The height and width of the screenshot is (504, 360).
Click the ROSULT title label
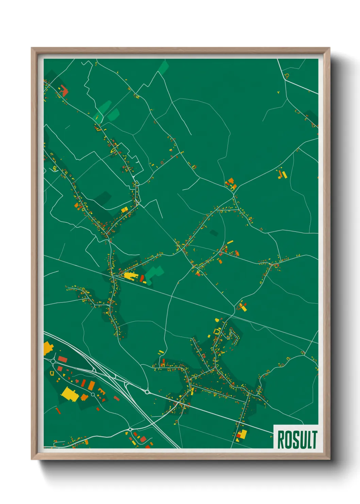tap(297, 439)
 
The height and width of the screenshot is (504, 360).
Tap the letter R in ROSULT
tap(281, 440)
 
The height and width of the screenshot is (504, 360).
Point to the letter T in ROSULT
tap(314, 440)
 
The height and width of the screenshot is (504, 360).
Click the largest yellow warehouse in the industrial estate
tap(70, 394)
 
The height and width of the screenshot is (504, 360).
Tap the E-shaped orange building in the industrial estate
tap(101, 391)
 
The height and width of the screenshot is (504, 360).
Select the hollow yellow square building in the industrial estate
tap(52, 373)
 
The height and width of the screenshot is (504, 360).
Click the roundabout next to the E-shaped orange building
tap(93, 394)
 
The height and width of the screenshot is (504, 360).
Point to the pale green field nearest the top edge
tap(164, 67)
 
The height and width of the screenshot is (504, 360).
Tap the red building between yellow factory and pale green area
tap(142, 278)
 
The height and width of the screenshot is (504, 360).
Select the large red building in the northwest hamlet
tap(64, 92)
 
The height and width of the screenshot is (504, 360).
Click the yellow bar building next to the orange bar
tap(284, 175)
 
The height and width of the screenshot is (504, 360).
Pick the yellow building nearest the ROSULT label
tap(243, 434)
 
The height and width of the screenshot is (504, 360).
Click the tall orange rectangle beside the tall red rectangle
tap(92, 385)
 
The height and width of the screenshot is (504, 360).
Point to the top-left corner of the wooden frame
tap(32, 48)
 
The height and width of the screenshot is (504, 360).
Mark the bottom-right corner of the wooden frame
tap(330, 459)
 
